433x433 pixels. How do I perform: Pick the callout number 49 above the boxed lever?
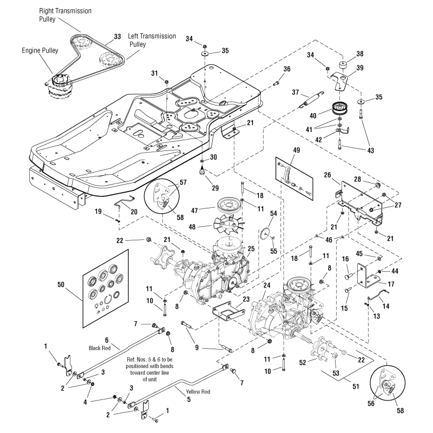coord(288,150)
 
